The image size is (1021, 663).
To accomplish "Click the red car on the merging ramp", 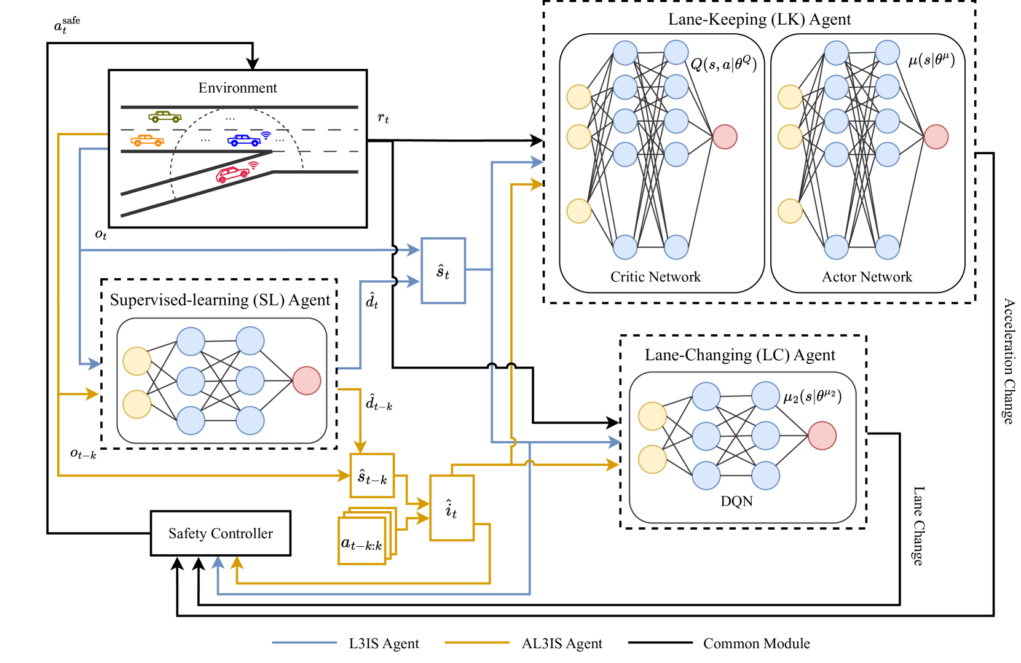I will (x=232, y=175).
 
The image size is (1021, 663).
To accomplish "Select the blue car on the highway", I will (x=244, y=141).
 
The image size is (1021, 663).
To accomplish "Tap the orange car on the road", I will (x=148, y=141).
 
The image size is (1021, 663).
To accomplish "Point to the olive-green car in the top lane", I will (x=165, y=116).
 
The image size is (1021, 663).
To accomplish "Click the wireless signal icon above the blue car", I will (x=266, y=134).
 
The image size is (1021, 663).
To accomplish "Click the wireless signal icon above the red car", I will (x=253, y=165).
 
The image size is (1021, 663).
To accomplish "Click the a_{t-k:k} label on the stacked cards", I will (x=361, y=544).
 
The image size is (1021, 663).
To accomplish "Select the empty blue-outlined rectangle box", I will (x=443, y=270).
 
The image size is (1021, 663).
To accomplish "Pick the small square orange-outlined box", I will (x=372, y=475).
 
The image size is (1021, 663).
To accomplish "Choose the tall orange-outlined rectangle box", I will (x=452, y=508).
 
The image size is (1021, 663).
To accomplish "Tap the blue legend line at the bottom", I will (x=304, y=642).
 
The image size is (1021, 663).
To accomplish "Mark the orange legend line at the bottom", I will (x=477, y=642).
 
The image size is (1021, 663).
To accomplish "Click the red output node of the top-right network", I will (x=936, y=136).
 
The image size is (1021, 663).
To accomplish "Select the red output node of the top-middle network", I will (x=725, y=136).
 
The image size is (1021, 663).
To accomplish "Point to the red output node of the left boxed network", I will (x=307, y=380).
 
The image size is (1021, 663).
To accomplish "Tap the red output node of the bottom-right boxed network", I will (x=822, y=436).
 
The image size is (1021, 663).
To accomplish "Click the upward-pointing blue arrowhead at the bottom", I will (x=218, y=562).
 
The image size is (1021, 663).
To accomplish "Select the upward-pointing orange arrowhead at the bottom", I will (x=237, y=562).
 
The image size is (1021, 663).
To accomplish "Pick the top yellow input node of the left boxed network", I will (x=137, y=361).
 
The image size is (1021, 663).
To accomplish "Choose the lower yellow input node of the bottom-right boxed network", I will (x=652, y=459).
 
